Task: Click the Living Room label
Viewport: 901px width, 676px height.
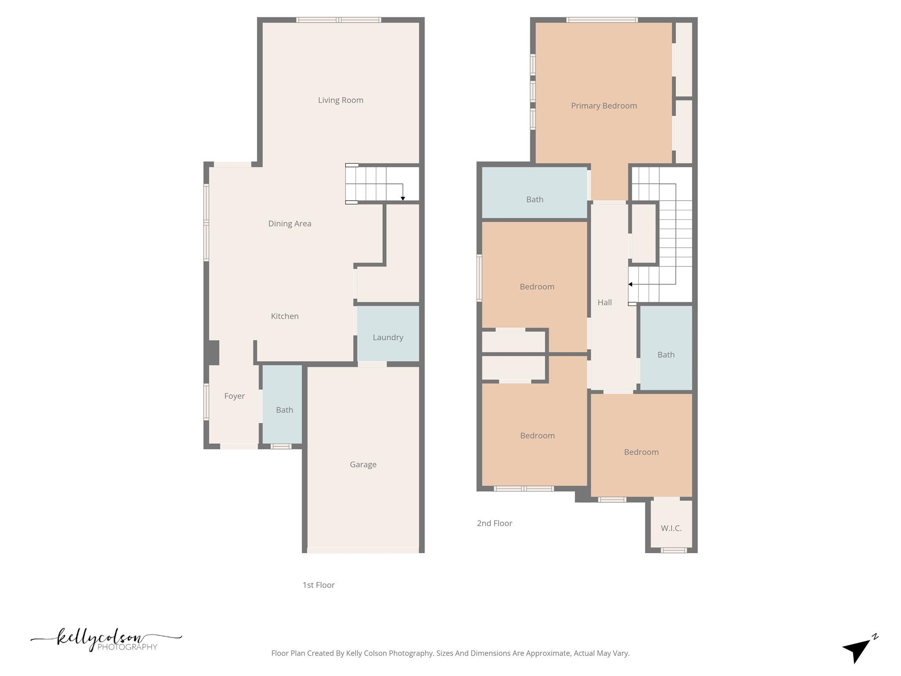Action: pos(341,100)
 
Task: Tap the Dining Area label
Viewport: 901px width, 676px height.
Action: pos(289,224)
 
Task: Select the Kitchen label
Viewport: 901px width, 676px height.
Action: pos(285,316)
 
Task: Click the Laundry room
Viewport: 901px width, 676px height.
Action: pos(388,337)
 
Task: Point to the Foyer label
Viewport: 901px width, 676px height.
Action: pos(234,396)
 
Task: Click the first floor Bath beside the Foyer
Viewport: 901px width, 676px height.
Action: pos(284,410)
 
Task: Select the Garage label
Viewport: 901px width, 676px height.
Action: pos(363,464)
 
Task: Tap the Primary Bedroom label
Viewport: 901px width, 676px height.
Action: pos(604,106)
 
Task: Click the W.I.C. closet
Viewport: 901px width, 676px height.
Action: pos(671,528)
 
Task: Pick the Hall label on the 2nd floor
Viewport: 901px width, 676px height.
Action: pos(604,302)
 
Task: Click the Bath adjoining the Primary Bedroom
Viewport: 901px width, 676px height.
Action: pos(535,199)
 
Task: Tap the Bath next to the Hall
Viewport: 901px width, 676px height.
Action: pos(666,355)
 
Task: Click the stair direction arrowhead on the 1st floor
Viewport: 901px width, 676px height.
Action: pos(403,199)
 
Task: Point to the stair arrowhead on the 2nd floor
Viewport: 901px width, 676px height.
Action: pos(630,284)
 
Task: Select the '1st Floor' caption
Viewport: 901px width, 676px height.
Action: pos(319,585)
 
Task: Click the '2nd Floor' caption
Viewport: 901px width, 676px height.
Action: pos(494,523)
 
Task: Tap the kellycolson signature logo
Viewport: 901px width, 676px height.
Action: pos(106,639)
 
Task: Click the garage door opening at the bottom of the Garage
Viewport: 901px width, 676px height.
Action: pos(363,551)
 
